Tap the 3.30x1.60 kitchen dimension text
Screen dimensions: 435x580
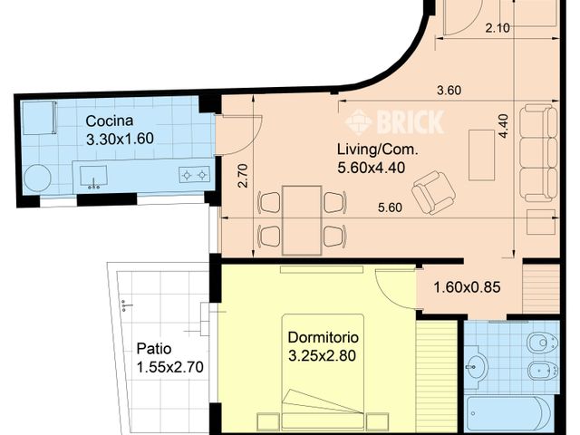(121, 140)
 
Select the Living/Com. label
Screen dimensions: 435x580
(372, 150)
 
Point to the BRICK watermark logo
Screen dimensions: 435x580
(395, 121)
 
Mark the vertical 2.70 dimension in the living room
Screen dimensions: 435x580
(242, 176)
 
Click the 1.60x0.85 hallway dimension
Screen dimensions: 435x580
(468, 289)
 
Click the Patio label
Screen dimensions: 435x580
(154, 348)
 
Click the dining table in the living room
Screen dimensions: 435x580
(302, 218)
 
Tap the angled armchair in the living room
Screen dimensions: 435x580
(433, 190)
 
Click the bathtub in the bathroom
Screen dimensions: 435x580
(507, 413)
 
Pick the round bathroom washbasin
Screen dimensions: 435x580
(476, 367)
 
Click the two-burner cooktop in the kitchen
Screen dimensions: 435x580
(194, 174)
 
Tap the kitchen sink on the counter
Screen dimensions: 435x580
(94, 174)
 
